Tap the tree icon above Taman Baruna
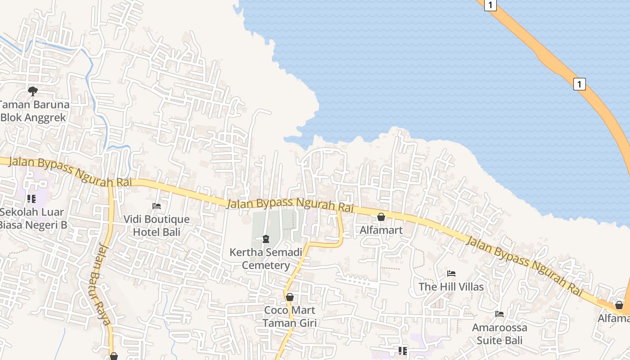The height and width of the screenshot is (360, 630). pyautogui.click(x=32, y=91)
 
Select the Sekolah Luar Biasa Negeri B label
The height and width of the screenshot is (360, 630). pyautogui.click(x=32, y=218)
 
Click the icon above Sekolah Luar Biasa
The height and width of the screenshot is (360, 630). pyautogui.click(x=31, y=198)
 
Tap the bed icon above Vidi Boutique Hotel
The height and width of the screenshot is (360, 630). pyautogui.click(x=157, y=206)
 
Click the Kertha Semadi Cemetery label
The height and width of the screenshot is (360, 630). pyautogui.click(x=266, y=258)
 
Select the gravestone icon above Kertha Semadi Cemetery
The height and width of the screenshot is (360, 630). pyautogui.click(x=266, y=238)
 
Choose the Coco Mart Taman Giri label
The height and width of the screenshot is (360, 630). pyautogui.click(x=290, y=316)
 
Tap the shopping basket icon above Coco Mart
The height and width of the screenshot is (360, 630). pyautogui.click(x=290, y=297)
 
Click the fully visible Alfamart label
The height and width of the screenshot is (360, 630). pyautogui.click(x=381, y=230)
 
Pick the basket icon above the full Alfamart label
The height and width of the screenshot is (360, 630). pyautogui.click(x=381, y=217)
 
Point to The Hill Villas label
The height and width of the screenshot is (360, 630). pyautogui.click(x=451, y=287)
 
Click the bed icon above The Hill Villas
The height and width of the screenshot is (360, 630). pyautogui.click(x=451, y=274)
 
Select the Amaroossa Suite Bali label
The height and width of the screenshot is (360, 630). pyautogui.click(x=499, y=333)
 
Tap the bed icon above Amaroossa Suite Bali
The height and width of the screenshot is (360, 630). pyautogui.click(x=499, y=314)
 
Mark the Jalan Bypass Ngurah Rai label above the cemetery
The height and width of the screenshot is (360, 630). pyautogui.click(x=290, y=205)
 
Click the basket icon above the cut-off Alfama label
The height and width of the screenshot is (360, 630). pyautogui.click(x=619, y=305)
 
